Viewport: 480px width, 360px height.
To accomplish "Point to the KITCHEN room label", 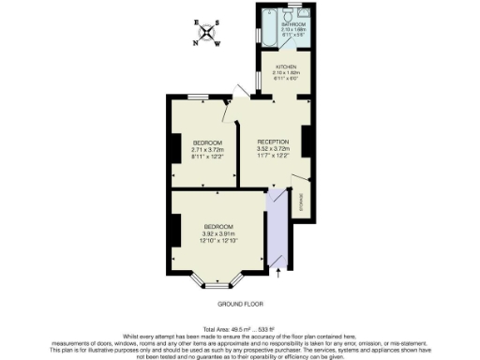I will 285,67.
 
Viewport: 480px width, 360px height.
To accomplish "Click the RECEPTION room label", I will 273,141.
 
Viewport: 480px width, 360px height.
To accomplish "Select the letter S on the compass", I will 218,22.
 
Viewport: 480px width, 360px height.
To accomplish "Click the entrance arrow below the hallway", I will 278,273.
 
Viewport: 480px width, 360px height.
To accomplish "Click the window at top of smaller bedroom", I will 196,97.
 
